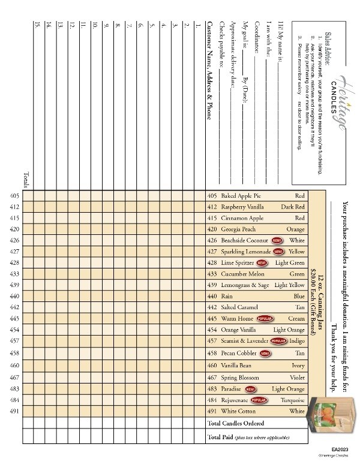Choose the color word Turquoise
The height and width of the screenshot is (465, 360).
click(293, 400)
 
